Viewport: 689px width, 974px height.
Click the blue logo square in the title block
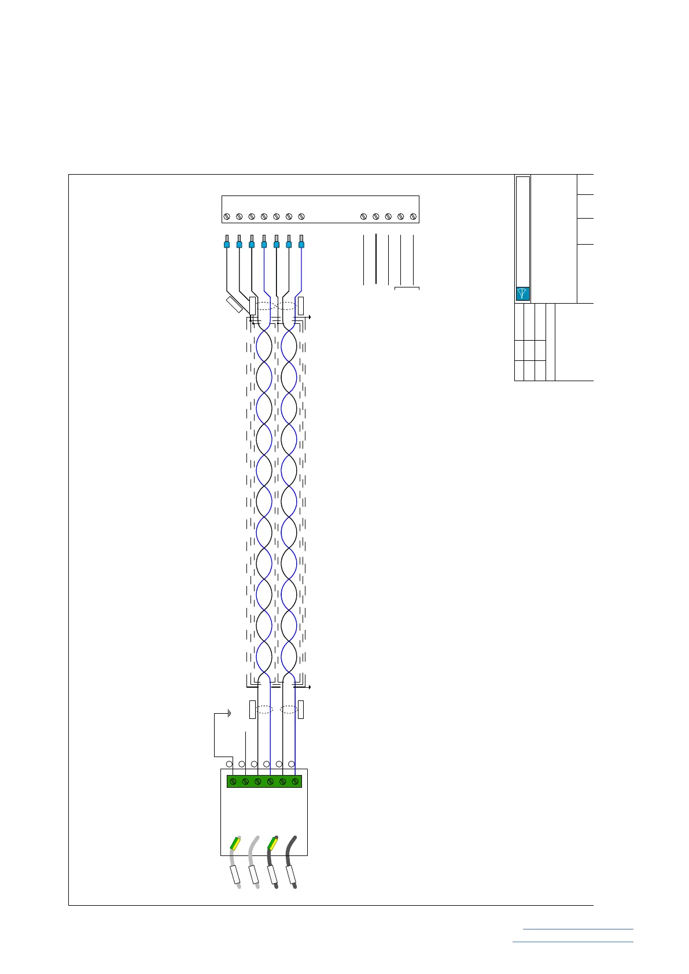click(522, 293)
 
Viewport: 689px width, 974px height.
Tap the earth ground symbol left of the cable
click(229, 714)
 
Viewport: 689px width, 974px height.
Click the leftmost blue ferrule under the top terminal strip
click(227, 244)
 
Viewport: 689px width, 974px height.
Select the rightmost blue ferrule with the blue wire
click(301, 244)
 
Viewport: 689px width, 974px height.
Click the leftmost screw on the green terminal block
click(233, 781)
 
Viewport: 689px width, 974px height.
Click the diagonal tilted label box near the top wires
click(234, 305)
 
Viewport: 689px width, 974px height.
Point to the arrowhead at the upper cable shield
click(311, 318)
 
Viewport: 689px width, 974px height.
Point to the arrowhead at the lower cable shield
click(311, 687)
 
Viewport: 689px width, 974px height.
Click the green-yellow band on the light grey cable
click(235, 843)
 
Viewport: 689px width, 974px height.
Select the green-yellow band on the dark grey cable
click(272, 843)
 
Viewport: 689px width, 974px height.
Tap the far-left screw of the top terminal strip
click(227, 217)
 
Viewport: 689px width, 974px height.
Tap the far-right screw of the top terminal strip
click(413, 217)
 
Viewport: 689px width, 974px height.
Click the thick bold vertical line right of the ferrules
click(376, 259)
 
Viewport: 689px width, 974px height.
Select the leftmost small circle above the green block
click(229, 764)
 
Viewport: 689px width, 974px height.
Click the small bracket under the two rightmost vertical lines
click(407, 287)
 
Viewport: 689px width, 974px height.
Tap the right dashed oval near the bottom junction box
click(289, 709)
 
